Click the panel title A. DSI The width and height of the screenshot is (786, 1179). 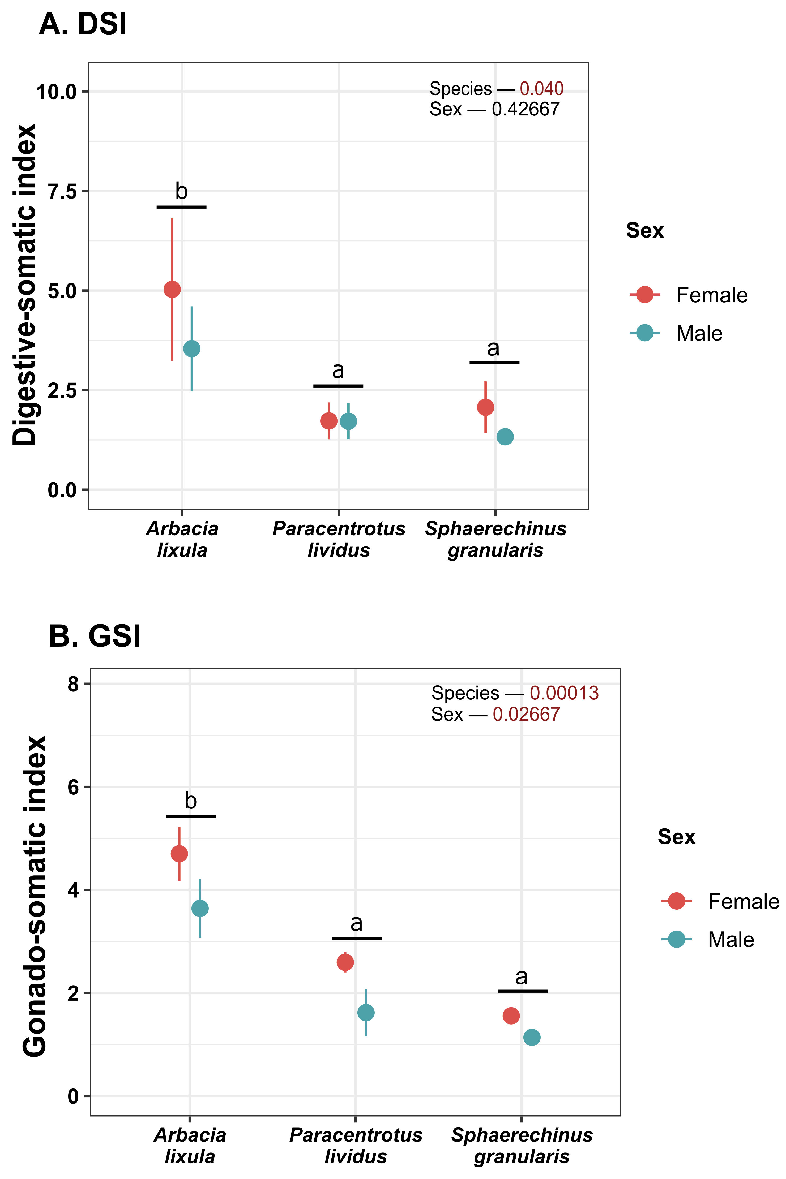(83, 24)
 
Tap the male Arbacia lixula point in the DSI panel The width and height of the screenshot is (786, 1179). (191, 349)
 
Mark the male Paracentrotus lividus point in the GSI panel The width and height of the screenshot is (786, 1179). (366, 1013)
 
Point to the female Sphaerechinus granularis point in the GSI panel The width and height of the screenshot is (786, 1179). (511, 1016)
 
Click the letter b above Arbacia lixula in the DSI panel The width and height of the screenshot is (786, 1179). (181, 191)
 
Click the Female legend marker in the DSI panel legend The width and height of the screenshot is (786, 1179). (645, 295)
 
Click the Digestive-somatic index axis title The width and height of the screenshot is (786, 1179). (25, 285)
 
